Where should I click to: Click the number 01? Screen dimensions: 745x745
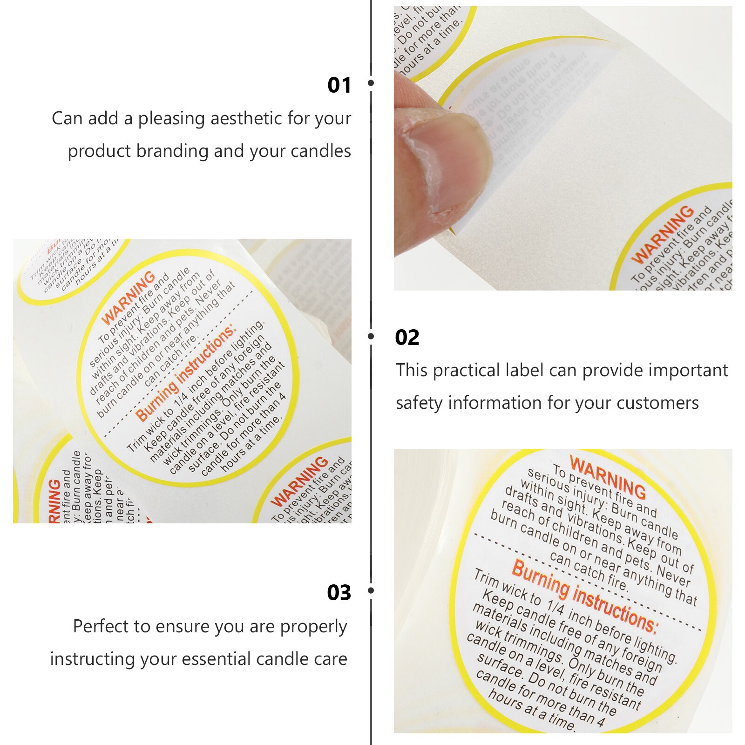(339, 85)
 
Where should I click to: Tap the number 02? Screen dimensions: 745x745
(407, 338)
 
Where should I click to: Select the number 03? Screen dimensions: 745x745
(339, 593)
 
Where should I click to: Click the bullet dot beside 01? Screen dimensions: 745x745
(371, 83)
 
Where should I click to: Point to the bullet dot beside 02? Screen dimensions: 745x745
(371, 336)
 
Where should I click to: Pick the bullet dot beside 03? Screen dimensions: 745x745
(371, 590)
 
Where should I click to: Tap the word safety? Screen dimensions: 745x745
(419, 403)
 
